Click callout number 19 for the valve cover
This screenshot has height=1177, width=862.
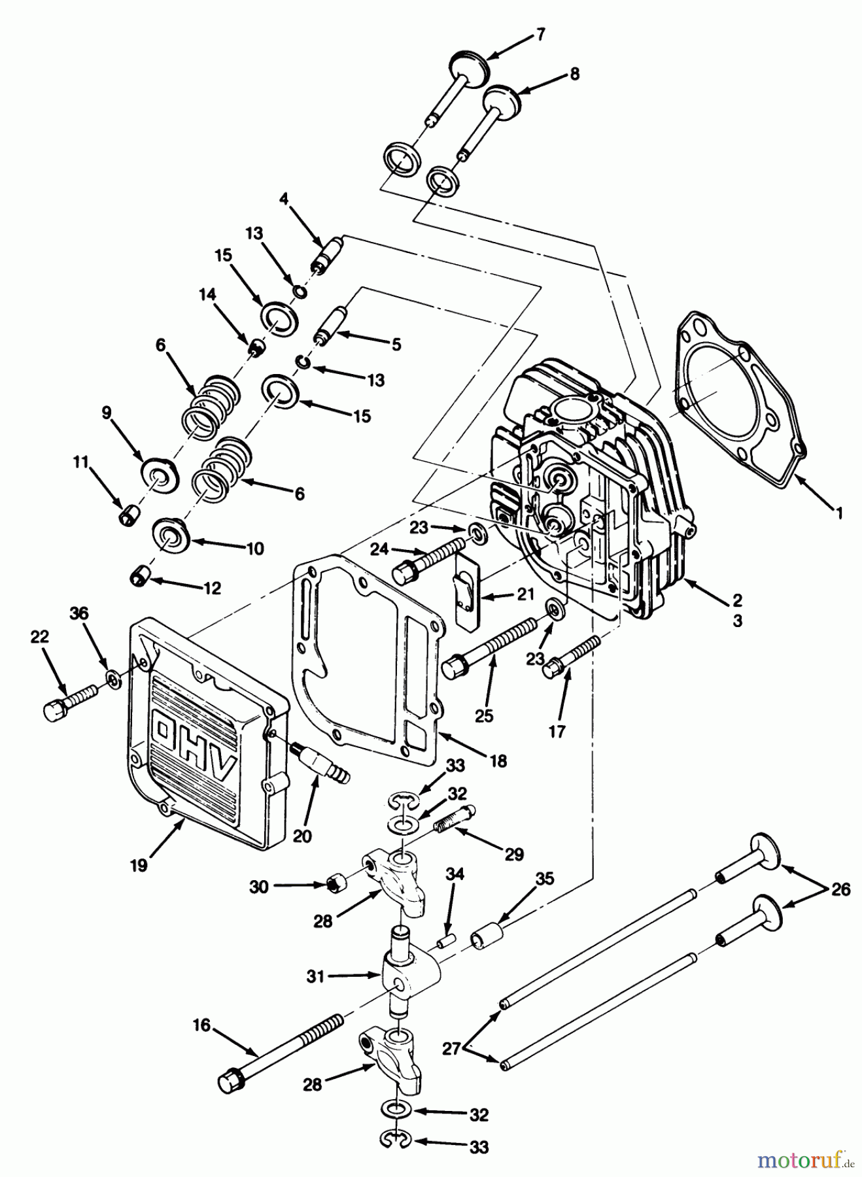[139, 864]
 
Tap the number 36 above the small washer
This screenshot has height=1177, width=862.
[79, 614]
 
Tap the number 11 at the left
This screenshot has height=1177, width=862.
[80, 462]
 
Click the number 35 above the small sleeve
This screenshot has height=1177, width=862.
[545, 879]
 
